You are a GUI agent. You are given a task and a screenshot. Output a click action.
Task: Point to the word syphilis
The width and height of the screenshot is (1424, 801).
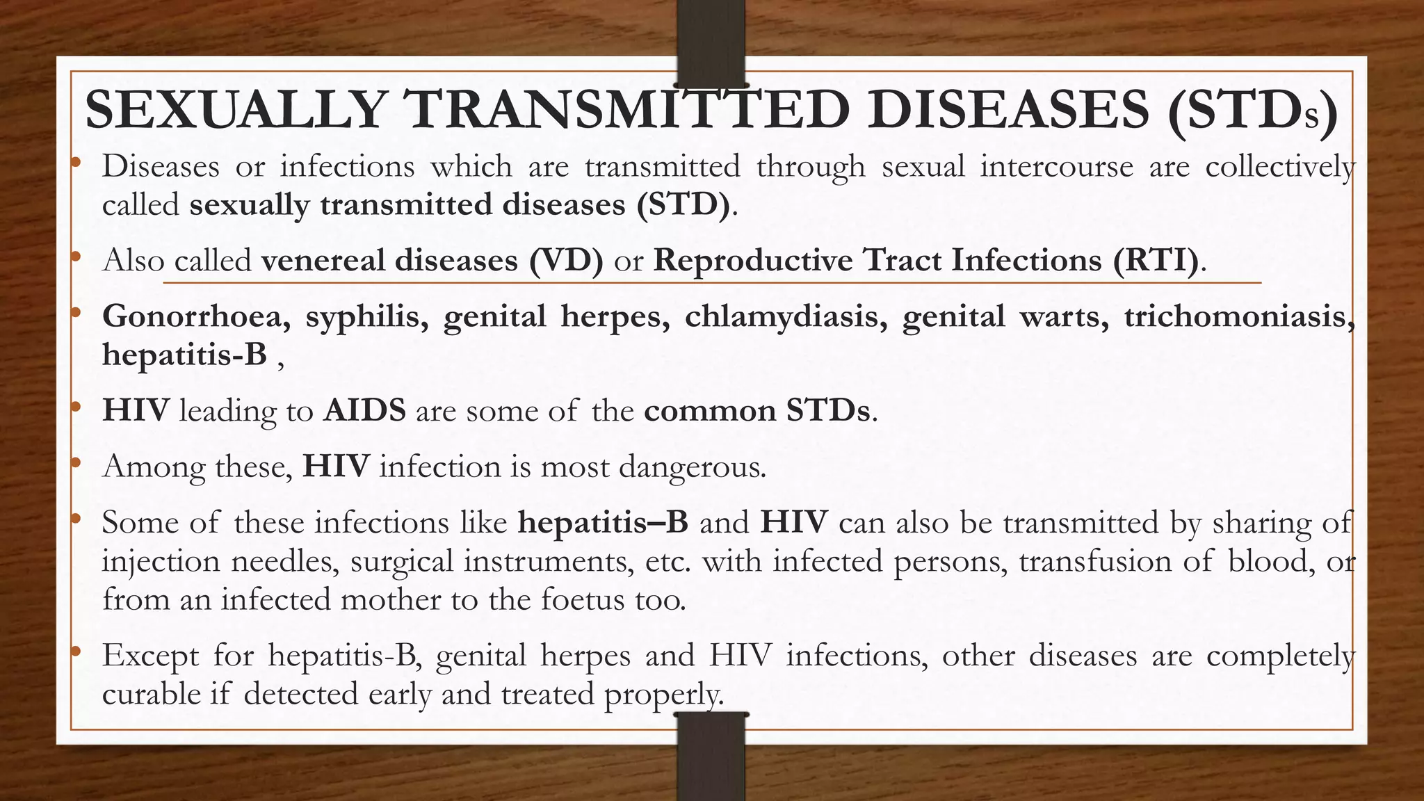pos(366,316)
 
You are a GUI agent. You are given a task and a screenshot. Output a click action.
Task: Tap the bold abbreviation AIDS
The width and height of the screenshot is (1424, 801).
pos(364,410)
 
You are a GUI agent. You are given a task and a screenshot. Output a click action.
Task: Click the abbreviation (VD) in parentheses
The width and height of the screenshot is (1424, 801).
pos(566,261)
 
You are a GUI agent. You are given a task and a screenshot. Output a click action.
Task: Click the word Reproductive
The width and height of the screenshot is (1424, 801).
pos(753,261)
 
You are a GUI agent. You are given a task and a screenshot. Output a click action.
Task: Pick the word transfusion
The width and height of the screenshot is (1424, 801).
pos(1094,561)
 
